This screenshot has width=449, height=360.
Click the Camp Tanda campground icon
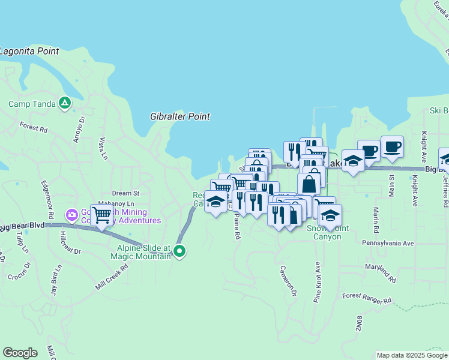[x=65, y=103]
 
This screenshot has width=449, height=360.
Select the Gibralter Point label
[x=179, y=116]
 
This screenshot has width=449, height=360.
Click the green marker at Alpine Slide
[x=179, y=251]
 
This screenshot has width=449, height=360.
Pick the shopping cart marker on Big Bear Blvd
[x=102, y=214]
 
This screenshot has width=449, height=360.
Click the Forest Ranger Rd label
[x=367, y=298]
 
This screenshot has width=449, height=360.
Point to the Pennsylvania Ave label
[x=388, y=244]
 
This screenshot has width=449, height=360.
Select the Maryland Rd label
[x=381, y=272]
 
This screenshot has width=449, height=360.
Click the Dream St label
[x=125, y=193]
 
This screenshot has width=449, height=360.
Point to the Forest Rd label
[x=33, y=127]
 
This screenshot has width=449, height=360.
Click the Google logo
[x=20, y=353]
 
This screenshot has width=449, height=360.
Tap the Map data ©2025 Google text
[x=411, y=355]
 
